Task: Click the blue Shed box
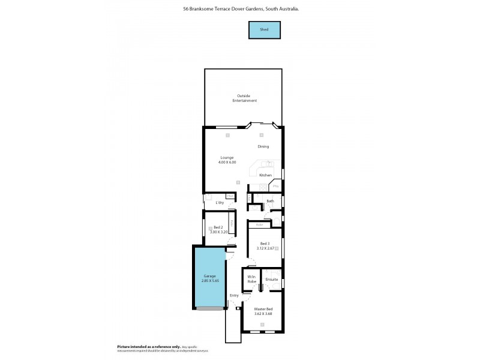[x=264, y=29]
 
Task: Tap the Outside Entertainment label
[x=244, y=98]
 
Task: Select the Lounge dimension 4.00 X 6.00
[x=227, y=162]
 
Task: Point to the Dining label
[x=263, y=146]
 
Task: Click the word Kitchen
[x=265, y=175]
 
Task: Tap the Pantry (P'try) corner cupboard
[x=275, y=187]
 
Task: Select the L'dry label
[x=220, y=203]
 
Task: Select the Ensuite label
[x=271, y=279]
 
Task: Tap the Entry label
[x=234, y=295]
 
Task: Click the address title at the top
[x=241, y=10]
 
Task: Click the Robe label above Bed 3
[x=259, y=225]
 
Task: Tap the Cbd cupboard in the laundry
[x=230, y=196]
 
